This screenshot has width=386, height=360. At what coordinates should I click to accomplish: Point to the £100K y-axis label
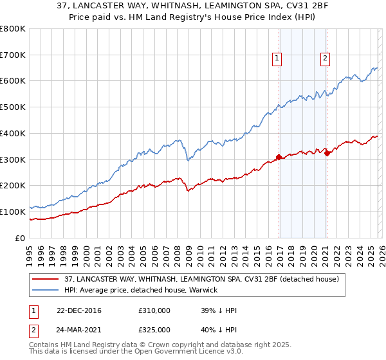point(13,212)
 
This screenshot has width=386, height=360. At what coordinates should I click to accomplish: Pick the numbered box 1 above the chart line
point(277,59)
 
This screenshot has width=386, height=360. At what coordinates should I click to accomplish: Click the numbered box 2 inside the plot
point(325,59)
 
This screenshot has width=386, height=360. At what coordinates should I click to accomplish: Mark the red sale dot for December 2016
point(279,157)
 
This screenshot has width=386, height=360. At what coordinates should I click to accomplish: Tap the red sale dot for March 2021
point(327,153)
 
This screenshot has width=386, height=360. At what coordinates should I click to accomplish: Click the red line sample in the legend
point(46,279)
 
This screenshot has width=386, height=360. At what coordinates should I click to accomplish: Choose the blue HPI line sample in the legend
point(46,290)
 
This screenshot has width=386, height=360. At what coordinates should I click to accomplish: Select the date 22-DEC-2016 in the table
point(80,310)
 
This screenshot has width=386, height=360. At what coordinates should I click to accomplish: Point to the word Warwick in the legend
point(203,290)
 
